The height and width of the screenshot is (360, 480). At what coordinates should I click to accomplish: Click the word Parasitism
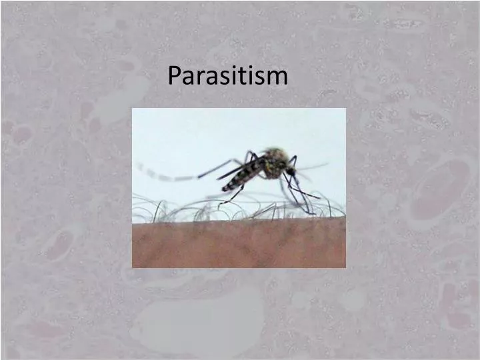(227, 76)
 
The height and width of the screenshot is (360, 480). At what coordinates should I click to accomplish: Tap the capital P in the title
(175, 75)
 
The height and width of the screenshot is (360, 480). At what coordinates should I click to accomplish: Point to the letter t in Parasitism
(246, 76)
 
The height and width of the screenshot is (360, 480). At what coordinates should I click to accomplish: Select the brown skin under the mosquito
(239, 243)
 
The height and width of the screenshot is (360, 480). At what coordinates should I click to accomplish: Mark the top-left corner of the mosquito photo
(133, 109)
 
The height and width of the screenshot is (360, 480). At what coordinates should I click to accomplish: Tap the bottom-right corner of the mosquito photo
(345, 267)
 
